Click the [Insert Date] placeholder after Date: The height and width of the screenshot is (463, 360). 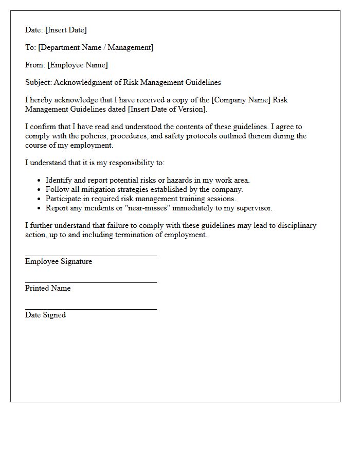pyautogui.click(x=66, y=30)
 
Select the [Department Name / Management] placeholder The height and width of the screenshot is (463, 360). pyautogui.click(x=96, y=48)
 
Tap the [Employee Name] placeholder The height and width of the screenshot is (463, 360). pyautogui.click(x=78, y=65)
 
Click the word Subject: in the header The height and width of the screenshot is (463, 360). pyautogui.click(x=39, y=83)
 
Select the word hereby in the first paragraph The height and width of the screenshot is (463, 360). pyautogui.click(x=41, y=100)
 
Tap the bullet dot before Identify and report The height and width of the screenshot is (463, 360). pyautogui.click(x=39, y=181)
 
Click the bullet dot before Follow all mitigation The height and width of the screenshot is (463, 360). pyautogui.click(x=39, y=190)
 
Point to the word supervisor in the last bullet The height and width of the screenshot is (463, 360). pyautogui.click(x=253, y=208)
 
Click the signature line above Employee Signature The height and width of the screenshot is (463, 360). pyautogui.click(x=91, y=255)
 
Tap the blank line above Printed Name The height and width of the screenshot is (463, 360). pyautogui.click(x=91, y=282)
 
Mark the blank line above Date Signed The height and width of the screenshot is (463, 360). pyautogui.click(x=91, y=309)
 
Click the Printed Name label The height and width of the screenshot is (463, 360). pyautogui.click(x=48, y=289)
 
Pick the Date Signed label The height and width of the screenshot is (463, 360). pyautogui.click(x=45, y=315)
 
